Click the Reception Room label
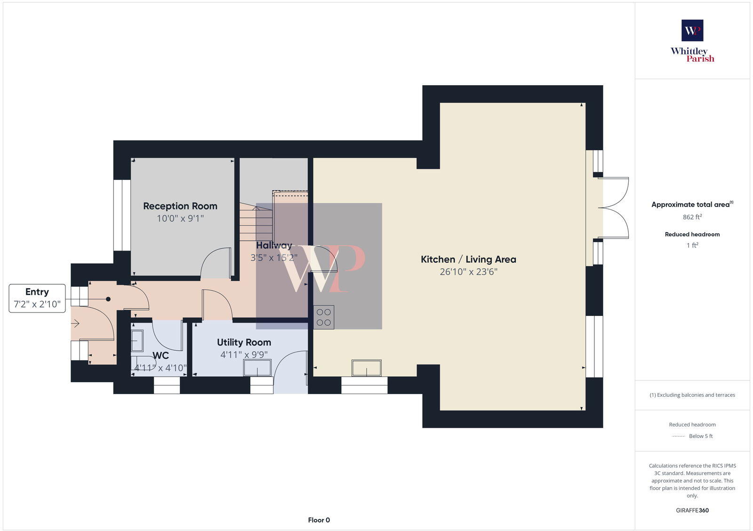[x=180, y=206]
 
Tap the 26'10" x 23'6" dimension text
[x=468, y=272]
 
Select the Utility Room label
[x=244, y=342]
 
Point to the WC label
[x=160, y=355]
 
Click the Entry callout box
[x=37, y=298]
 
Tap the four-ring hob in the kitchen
[x=324, y=317]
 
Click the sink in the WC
[x=137, y=341]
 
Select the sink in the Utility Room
[x=257, y=368]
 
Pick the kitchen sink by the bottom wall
[x=367, y=368]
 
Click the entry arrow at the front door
[x=75, y=323]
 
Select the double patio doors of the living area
[x=616, y=208]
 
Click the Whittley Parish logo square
[x=692, y=31]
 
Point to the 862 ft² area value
[x=692, y=217]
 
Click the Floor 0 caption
[x=319, y=520]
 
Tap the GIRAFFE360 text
[x=692, y=510]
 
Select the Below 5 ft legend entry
[x=700, y=436]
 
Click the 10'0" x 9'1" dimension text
[x=180, y=218]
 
